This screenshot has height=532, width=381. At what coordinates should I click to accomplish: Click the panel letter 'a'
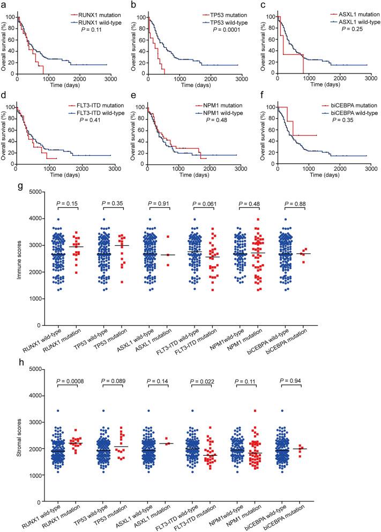(x=4, y=4)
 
